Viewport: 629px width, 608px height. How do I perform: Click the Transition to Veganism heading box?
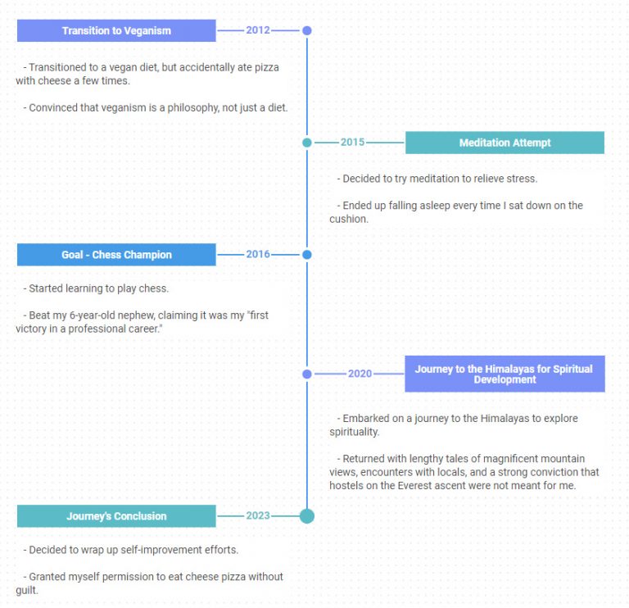(116, 30)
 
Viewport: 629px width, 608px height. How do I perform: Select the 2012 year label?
(258, 30)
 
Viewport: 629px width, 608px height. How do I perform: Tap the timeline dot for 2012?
(307, 30)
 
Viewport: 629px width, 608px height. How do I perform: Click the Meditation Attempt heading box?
(505, 143)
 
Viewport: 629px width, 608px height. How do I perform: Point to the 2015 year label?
(353, 142)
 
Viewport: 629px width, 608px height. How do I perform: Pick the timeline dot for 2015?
(307, 143)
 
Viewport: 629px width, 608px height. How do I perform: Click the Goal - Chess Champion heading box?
(116, 255)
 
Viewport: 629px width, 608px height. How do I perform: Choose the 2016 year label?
(258, 254)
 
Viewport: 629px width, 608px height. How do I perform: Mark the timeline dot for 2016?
(307, 255)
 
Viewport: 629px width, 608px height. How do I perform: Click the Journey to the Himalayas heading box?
(505, 374)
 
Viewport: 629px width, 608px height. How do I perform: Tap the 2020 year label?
(360, 374)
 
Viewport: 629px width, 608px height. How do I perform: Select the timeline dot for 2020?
(307, 374)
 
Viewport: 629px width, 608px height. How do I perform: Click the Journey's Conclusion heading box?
(116, 516)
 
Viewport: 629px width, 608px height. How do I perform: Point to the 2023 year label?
(258, 515)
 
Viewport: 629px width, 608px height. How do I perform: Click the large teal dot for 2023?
(307, 516)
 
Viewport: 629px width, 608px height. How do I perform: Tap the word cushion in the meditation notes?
(349, 219)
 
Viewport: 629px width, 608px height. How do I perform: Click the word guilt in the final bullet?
(27, 591)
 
